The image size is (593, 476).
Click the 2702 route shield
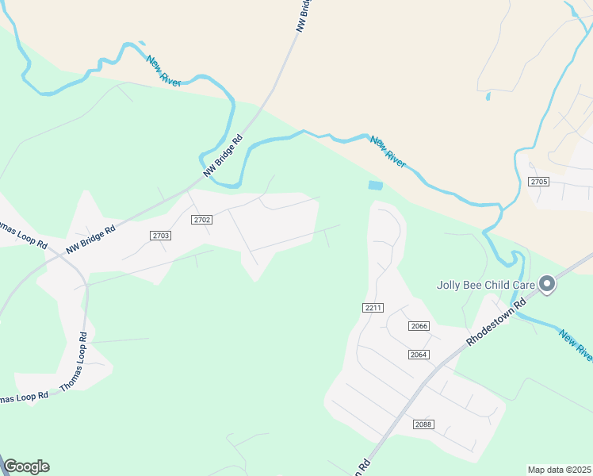[201, 219]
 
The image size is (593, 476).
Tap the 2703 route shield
[161, 236]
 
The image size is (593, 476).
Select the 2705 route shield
[539, 182]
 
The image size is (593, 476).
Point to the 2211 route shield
[373, 308]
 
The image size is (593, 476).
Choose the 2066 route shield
[419, 326]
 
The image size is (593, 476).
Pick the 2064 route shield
[419, 354]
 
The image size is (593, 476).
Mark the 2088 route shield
[423, 424]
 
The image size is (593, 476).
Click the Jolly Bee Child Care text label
[485, 285]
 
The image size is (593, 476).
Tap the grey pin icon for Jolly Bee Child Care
[546, 284]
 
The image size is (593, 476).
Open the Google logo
[26, 466]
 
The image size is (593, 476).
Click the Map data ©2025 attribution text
[559, 470]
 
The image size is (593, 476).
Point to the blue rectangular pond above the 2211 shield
[375, 186]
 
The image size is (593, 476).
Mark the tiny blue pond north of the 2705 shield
[488, 97]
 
